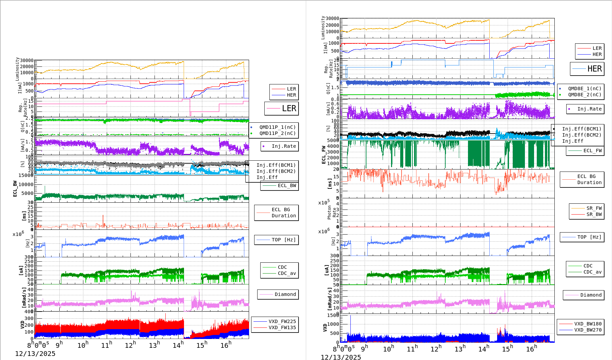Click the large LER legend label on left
(x=289, y=108)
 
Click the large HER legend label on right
(x=594, y=69)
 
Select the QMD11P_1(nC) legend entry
(x=277, y=127)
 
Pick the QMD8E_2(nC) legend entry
(x=584, y=95)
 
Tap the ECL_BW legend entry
(x=287, y=185)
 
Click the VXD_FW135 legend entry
(x=282, y=327)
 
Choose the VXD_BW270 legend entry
(x=588, y=330)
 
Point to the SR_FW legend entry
(x=594, y=208)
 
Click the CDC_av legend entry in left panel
(x=287, y=273)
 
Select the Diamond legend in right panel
(x=591, y=295)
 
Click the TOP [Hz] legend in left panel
(x=283, y=240)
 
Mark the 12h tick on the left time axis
(x=130, y=345)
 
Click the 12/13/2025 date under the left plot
(x=35, y=354)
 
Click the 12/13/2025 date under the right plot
(x=341, y=357)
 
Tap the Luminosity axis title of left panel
(x=17, y=69)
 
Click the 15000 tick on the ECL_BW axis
(x=26, y=175)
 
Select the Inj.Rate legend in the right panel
(x=589, y=109)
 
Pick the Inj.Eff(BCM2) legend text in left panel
(x=276, y=171)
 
